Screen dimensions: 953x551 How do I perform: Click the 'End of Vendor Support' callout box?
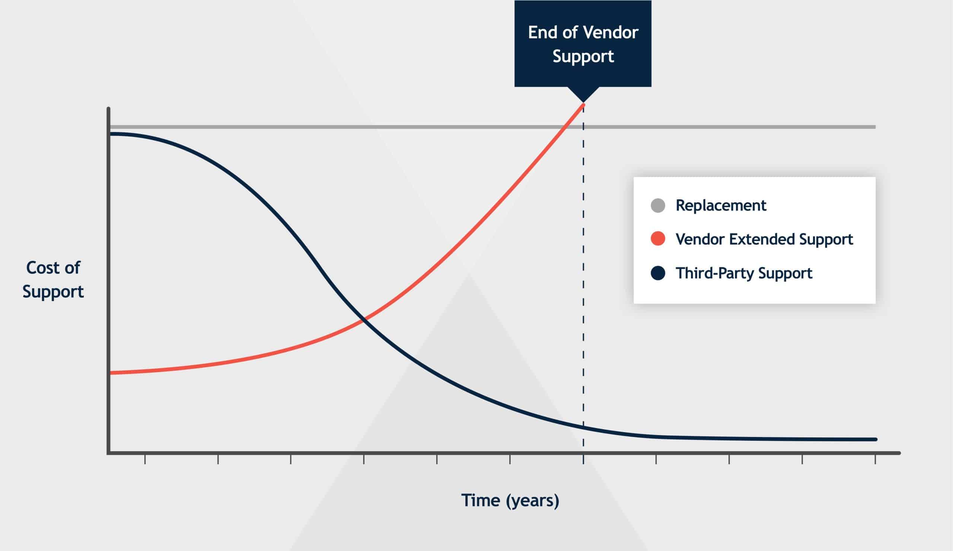(583, 44)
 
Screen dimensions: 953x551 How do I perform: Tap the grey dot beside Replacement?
(658, 206)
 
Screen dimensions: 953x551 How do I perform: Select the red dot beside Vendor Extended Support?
(658, 239)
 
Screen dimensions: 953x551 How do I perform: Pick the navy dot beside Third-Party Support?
(658, 273)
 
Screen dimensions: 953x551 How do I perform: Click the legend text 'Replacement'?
(721, 206)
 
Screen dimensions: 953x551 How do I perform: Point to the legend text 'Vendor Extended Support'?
(764, 239)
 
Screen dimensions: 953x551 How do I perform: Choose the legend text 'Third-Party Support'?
(744, 273)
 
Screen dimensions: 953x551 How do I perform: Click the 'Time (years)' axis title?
(510, 501)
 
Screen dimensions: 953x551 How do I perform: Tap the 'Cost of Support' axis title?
(53, 280)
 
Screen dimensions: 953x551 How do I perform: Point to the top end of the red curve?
(583, 104)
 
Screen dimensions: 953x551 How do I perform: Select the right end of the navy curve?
(875, 439)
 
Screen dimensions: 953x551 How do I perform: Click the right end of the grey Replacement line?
(875, 127)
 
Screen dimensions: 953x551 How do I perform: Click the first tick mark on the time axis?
(145, 459)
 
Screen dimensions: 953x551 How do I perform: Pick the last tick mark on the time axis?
(875, 459)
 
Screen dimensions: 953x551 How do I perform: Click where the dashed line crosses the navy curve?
(583, 428)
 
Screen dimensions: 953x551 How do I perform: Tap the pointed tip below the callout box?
(583, 102)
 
